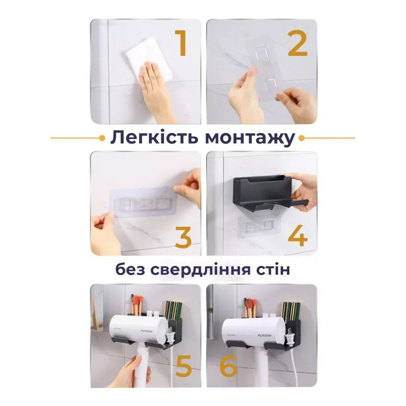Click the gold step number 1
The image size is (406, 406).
pos(181,43)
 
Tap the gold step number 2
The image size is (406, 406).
pos(298,43)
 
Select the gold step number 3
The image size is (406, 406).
pos(183,237)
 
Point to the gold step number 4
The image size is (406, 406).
pos(297,235)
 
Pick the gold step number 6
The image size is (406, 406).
pos(228,365)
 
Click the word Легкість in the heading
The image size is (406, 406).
pos(155,137)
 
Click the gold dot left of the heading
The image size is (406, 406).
pos(103,138)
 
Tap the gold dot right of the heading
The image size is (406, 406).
pos(301,138)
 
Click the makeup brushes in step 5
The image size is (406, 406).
pos(138,305)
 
